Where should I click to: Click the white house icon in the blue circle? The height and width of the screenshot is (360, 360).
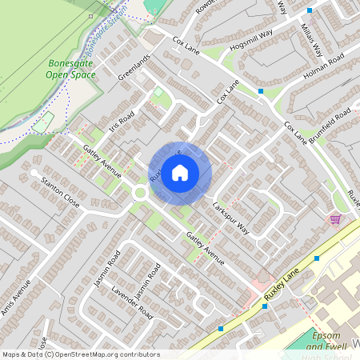click(180, 173)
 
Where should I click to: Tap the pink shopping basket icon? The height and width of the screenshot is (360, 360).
click(335, 219)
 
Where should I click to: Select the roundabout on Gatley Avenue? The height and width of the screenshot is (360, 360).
click(141, 193)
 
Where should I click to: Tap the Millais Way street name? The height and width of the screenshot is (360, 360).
click(310, 34)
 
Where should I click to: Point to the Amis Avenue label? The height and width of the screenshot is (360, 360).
click(15, 297)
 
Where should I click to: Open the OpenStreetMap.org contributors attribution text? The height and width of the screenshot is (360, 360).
click(81, 354)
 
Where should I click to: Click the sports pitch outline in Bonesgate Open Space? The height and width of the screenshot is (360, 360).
click(43, 122)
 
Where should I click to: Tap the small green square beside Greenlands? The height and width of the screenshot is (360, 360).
click(158, 93)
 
